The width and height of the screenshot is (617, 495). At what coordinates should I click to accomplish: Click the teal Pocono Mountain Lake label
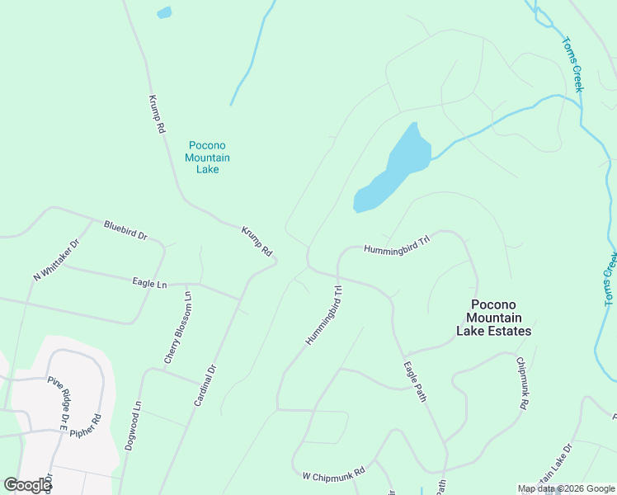[207, 157]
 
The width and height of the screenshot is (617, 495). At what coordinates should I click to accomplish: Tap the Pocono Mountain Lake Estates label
[494, 318]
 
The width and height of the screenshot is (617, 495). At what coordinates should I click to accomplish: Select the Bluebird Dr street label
[125, 230]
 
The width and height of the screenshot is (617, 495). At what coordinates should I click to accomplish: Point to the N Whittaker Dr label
[56, 260]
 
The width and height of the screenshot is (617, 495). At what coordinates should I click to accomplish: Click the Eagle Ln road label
[149, 284]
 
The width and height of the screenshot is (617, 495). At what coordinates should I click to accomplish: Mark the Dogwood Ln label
[134, 425]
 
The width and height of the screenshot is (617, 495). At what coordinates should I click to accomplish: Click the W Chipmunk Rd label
[333, 476]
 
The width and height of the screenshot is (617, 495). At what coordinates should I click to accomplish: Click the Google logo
[28, 486]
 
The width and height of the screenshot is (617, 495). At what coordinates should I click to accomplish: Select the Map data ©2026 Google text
[565, 488]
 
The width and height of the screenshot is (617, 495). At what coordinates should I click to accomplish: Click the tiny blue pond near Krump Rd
[164, 12]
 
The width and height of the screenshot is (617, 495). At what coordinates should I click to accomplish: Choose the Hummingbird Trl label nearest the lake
[398, 244]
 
